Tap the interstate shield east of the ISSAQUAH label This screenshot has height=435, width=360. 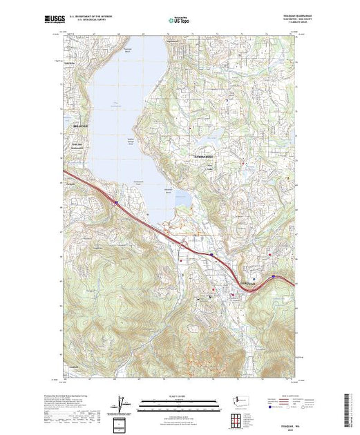click(x=274, y=278)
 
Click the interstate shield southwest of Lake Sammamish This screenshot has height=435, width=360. click(x=117, y=202)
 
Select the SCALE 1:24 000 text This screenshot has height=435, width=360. click(x=178, y=396)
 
